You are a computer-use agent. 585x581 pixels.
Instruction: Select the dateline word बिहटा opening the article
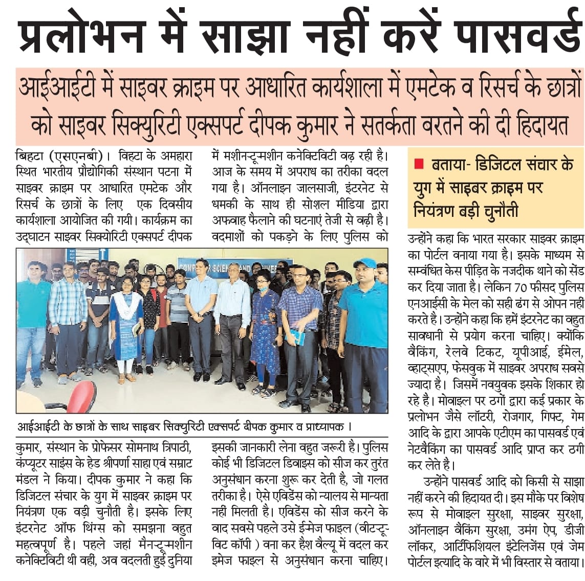click(31, 155)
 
